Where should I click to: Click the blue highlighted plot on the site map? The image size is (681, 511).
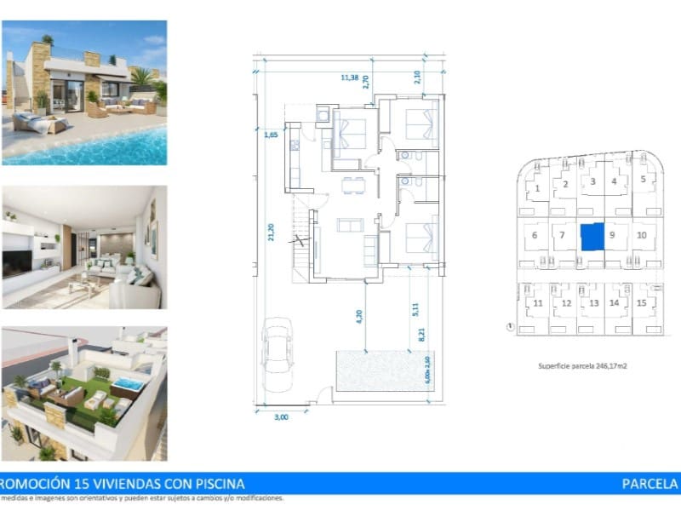[592, 237]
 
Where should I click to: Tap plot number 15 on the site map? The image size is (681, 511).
[642, 303]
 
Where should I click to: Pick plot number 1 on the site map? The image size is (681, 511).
[538, 188]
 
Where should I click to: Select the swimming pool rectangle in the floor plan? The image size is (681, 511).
[383, 371]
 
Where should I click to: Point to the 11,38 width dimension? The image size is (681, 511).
[349, 78]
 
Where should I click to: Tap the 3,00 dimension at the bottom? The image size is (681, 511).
[282, 417]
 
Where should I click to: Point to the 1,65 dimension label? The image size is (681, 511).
[271, 135]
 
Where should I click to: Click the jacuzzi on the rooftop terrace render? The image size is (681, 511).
[128, 385]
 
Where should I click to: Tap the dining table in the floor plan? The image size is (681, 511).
[349, 185]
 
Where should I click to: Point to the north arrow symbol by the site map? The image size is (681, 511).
[509, 326]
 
